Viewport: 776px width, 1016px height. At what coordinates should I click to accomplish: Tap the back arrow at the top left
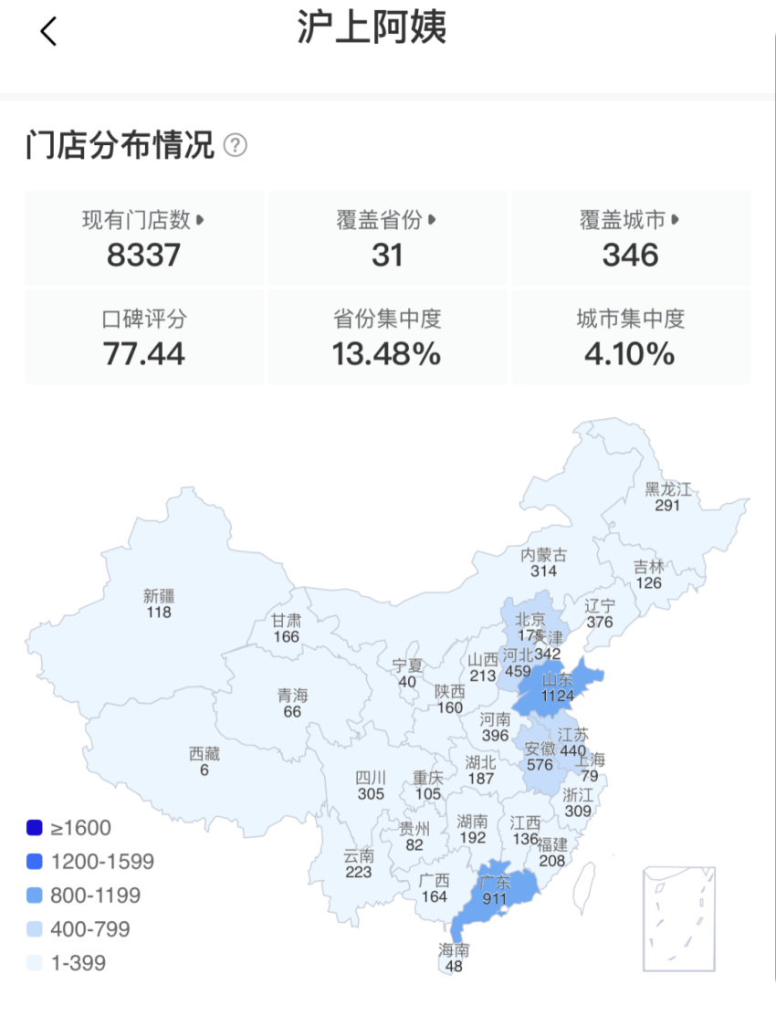coord(48,31)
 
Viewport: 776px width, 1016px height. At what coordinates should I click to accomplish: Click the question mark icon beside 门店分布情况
coord(236,144)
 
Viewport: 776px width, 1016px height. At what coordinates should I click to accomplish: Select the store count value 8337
coord(143,255)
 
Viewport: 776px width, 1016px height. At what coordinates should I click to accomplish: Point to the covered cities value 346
coord(630,255)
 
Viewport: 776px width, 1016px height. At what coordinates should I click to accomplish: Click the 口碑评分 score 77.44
coord(143,353)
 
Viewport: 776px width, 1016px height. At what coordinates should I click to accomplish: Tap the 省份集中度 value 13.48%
coord(387,353)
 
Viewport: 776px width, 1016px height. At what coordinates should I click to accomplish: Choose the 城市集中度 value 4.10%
coord(630,353)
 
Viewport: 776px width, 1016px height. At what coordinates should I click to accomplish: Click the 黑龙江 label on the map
coord(668,489)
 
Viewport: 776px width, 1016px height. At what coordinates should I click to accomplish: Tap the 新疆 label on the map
coord(159,596)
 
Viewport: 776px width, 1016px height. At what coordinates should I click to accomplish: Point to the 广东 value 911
coord(496,898)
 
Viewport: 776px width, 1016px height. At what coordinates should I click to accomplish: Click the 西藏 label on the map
coord(204,754)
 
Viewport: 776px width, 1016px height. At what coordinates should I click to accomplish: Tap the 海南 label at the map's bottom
coord(454,950)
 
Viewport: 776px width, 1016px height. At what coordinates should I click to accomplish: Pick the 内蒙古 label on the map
coord(543,555)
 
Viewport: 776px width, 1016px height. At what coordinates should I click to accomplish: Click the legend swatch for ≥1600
coord(35,828)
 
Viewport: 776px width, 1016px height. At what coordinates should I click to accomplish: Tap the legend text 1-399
coord(78,963)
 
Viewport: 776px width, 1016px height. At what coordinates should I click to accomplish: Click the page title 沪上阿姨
coord(372,28)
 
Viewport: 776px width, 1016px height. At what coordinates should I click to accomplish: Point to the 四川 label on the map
coord(371,779)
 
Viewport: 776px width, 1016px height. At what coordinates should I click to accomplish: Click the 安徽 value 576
coord(540,765)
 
